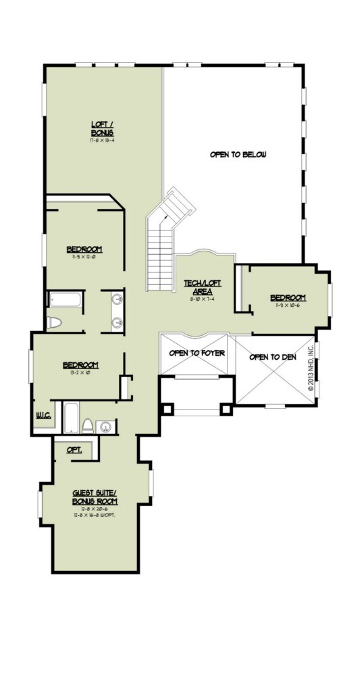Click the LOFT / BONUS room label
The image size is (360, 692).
pos(102,127)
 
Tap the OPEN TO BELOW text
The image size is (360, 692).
pos(238,155)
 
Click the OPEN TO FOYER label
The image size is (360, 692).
pos(197,353)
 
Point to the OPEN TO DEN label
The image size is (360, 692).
pos(273,356)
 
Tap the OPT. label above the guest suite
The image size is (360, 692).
pos(74,450)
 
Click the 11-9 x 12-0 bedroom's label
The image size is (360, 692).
pos(84,249)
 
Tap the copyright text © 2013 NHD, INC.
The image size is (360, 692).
pos(311,369)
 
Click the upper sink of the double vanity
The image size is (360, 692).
pos(117,299)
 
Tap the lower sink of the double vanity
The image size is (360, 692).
pos(117,322)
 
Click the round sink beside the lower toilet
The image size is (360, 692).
pos(105,426)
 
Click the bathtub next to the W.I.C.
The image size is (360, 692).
pos(71,417)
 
